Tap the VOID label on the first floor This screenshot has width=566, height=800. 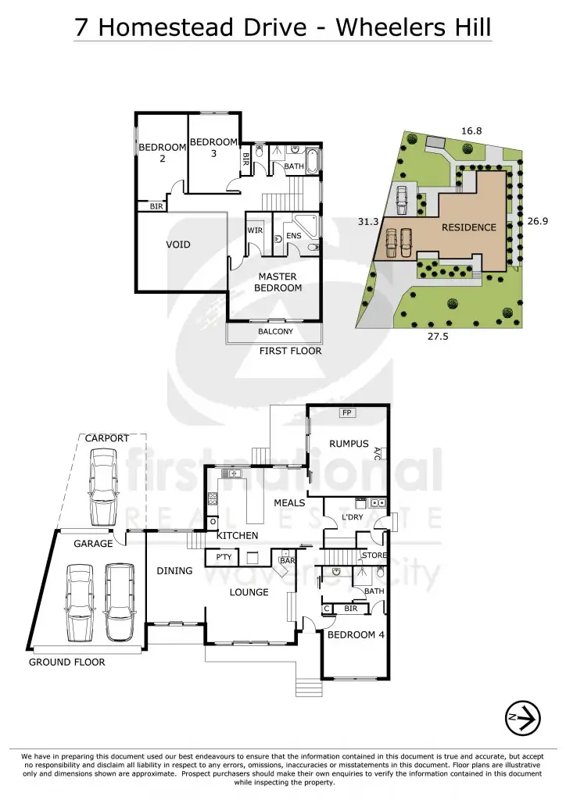pos(178,245)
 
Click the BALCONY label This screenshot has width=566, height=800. pos(275,331)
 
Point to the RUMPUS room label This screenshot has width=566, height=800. pos(349,444)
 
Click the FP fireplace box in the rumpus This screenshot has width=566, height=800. pos(346,412)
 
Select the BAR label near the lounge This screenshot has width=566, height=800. pos(288,561)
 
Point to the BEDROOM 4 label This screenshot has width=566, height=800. pos(356,635)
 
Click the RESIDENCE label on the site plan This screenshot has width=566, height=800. pos(469,227)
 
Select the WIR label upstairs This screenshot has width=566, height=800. pos(255,231)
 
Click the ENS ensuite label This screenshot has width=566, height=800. pos(294,235)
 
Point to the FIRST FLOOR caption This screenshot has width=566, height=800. pos(291,352)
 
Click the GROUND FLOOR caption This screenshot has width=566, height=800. pos(66,662)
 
